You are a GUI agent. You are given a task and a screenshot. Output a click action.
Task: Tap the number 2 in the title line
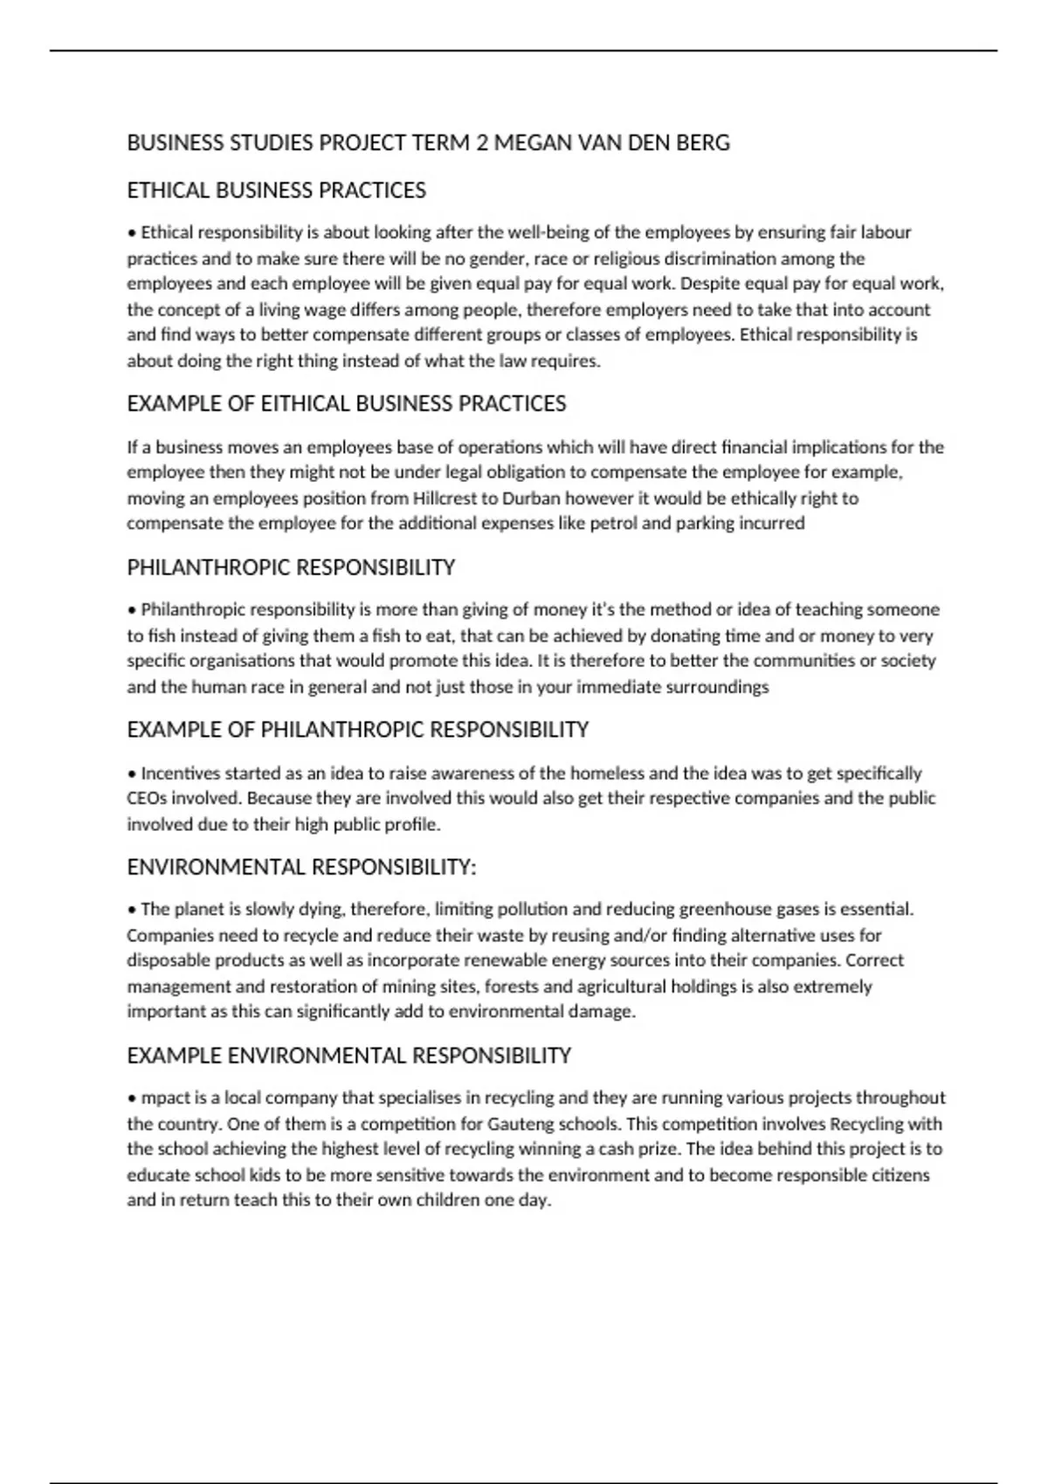[x=481, y=143]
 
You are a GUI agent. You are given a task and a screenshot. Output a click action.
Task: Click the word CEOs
[x=146, y=799]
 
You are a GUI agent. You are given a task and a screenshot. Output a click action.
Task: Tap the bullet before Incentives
[x=132, y=774]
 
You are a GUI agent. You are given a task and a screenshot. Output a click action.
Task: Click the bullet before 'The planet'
[x=132, y=910]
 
